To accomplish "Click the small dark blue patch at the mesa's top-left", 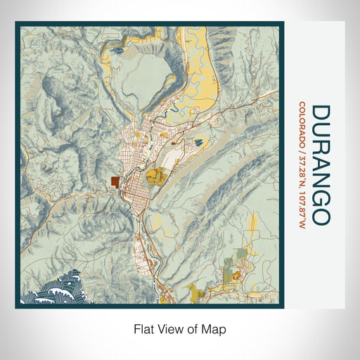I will [117, 51].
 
